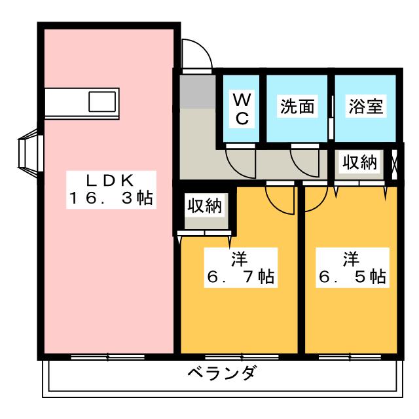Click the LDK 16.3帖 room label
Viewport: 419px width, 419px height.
pos(111,190)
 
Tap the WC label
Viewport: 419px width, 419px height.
pos(242,109)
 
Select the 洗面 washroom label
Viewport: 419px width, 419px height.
pos(297,106)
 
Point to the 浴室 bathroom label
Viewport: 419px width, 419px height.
pos(366,106)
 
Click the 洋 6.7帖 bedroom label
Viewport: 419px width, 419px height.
pos(241,268)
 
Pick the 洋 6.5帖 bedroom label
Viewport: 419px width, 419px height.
pos(352,268)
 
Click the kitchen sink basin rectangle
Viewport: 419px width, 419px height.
pos(102,101)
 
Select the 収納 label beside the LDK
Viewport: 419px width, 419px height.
pos(204,206)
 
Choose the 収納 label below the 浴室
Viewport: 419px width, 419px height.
pos(359,162)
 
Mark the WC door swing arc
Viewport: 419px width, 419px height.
pos(241,163)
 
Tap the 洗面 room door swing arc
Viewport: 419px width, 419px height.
pos(305,162)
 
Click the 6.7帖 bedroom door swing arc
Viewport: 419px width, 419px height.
pos(280,200)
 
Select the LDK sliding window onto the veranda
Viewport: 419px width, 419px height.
pos(107,357)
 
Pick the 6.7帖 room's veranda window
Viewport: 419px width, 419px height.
pos(242,357)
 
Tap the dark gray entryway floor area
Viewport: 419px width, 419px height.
pos(198,92)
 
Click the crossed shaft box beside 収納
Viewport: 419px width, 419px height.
pos(395,164)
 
